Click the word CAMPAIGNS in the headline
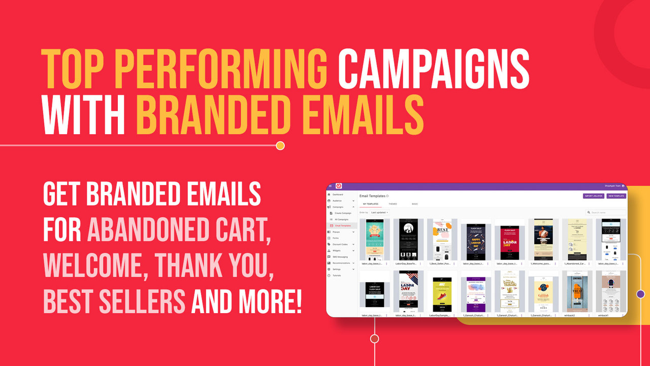[x=434, y=69]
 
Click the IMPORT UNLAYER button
[x=593, y=196]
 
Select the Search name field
[x=607, y=212]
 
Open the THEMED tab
[x=393, y=204]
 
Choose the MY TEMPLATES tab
[x=370, y=204]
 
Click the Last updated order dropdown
[x=379, y=212]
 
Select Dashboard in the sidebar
[x=338, y=195]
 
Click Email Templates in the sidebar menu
[x=348, y=225]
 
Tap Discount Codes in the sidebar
[x=340, y=244]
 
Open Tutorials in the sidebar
[x=337, y=275]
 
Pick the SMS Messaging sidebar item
[x=340, y=257]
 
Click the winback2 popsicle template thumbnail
[x=576, y=290]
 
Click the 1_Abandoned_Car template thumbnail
[x=576, y=239]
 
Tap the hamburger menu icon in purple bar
[x=330, y=186]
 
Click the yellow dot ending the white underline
[x=280, y=146]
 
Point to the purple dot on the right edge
[x=640, y=294]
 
